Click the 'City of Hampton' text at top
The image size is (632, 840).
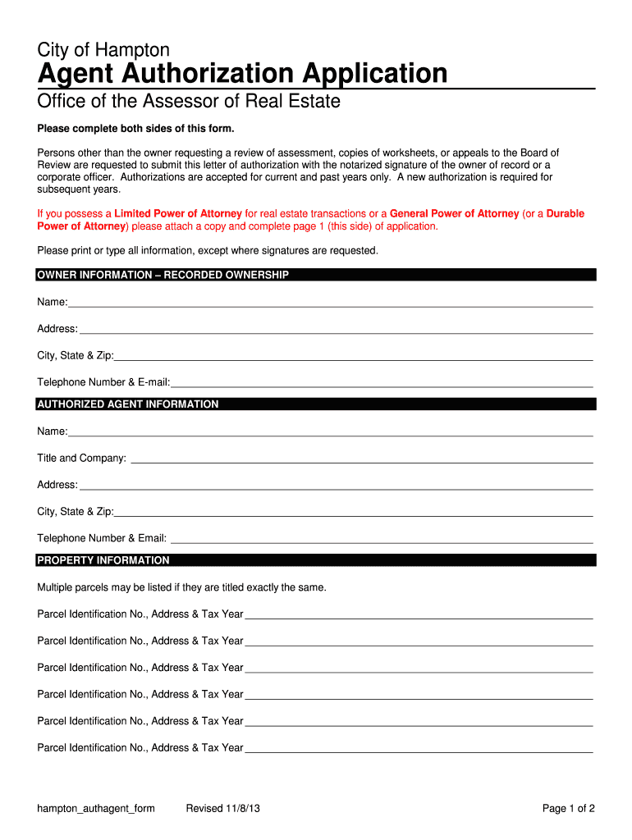(x=103, y=49)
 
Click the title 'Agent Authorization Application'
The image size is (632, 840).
(x=242, y=74)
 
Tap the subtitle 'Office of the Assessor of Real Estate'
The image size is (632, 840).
(x=189, y=102)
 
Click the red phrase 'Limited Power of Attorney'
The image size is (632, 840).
(x=178, y=213)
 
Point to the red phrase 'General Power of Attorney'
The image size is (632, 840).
(x=454, y=213)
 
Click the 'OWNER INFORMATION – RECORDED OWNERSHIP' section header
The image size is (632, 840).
(x=163, y=275)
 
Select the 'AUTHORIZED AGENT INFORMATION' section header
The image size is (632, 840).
(x=128, y=404)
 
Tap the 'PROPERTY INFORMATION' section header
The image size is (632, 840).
(x=103, y=560)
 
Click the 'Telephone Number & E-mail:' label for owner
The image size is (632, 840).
(x=103, y=382)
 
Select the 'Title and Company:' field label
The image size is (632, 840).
(x=81, y=458)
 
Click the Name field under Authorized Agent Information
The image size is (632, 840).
(x=328, y=431)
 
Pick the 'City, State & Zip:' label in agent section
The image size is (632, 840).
(x=76, y=512)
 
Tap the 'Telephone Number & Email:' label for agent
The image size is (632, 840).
(x=102, y=538)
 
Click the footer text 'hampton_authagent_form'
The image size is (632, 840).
(x=96, y=809)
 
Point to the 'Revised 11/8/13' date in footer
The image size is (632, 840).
(x=224, y=809)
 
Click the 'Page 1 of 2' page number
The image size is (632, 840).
(x=569, y=809)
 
